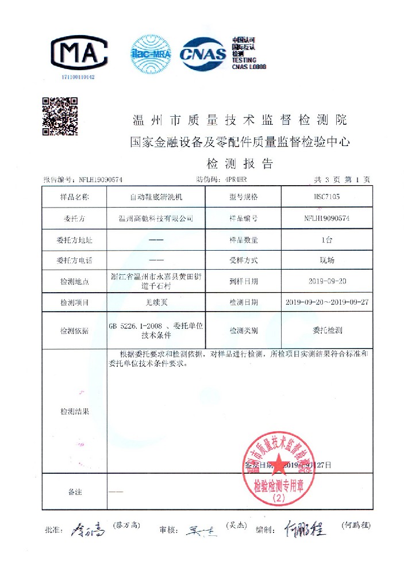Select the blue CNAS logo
[204, 53]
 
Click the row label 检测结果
[75, 412]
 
